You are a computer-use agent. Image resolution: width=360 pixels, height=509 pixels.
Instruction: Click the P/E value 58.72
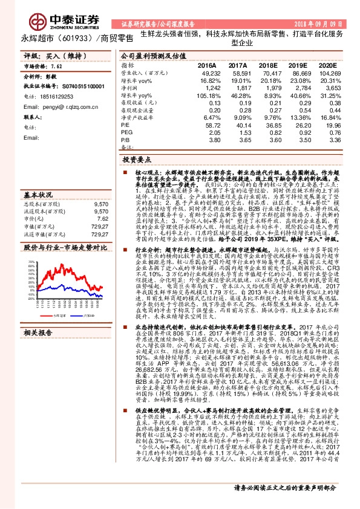(206, 125)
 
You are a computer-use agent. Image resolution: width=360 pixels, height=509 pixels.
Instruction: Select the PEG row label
(126, 132)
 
